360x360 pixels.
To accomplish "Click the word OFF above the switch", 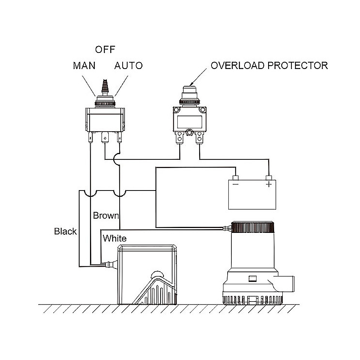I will (x=105, y=49).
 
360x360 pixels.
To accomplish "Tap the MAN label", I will (x=84, y=66).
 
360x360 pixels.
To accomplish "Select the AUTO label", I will (x=128, y=66).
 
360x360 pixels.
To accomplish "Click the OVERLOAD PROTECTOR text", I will (x=269, y=66).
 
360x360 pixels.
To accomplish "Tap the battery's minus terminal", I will (x=235, y=178).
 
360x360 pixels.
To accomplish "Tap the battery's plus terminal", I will (x=268, y=178).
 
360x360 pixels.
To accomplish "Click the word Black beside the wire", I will (x=65, y=231).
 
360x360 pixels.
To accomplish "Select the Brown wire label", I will (x=106, y=216).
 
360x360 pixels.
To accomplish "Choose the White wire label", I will (x=115, y=238).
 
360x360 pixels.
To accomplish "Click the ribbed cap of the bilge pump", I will (x=254, y=228).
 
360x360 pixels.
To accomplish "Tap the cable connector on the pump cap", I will (x=227, y=228).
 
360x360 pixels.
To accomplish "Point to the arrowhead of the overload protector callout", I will (x=191, y=84).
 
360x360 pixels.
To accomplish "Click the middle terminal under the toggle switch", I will (x=105, y=138).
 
